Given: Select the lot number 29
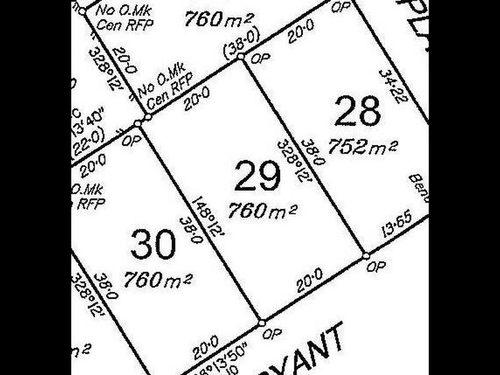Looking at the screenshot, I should click(x=257, y=177).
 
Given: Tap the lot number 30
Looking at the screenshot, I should click(x=154, y=244).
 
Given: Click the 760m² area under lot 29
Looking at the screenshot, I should click(x=262, y=211).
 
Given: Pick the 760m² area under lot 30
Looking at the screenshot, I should click(x=157, y=279).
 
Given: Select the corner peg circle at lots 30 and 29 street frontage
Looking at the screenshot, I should click(x=261, y=323).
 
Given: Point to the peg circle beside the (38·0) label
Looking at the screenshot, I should click(x=241, y=56).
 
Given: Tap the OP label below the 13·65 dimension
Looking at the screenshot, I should click(x=375, y=266).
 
